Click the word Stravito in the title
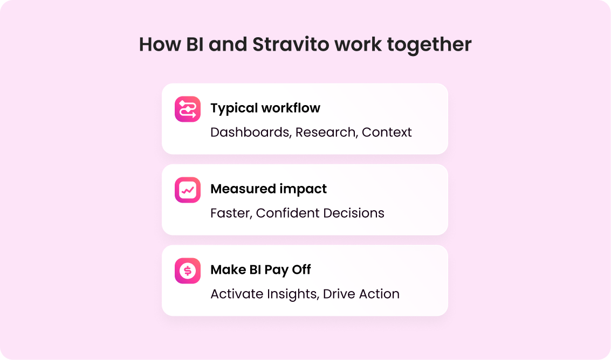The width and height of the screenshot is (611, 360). click(291, 44)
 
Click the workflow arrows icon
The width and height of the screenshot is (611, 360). click(188, 109)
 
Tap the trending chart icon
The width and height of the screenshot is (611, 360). click(188, 190)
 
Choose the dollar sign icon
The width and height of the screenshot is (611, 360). click(188, 271)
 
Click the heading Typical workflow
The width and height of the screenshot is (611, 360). click(265, 108)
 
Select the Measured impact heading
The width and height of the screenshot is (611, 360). click(269, 189)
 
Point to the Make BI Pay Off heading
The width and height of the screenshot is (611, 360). click(260, 269)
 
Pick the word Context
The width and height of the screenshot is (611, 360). click(387, 133)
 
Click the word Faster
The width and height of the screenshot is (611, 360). click(231, 213)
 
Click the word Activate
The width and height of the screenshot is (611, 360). click(237, 294)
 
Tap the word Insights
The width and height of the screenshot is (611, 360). click(293, 295)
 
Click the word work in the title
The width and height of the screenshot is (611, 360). click(358, 44)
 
